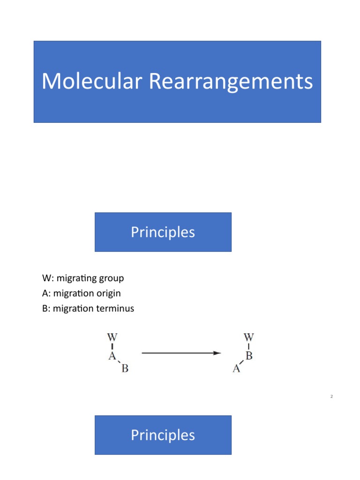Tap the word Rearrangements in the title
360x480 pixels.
(x=231, y=82)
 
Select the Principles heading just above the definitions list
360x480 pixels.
(x=163, y=232)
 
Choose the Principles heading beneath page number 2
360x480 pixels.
(x=163, y=435)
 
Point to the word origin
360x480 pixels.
(x=107, y=293)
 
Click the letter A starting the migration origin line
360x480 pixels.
(x=45, y=293)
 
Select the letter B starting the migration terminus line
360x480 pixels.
(x=45, y=308)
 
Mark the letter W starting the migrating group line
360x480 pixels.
(x=46, y=278)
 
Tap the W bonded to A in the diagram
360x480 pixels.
(x=112, y=337)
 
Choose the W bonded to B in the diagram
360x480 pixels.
(x=249, y=337)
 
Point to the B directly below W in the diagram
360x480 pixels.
(x=249, y=356)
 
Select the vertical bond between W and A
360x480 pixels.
(x=112, y=346)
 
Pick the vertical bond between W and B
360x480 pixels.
(x=249, y=346)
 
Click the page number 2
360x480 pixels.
(x=331, y=397)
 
